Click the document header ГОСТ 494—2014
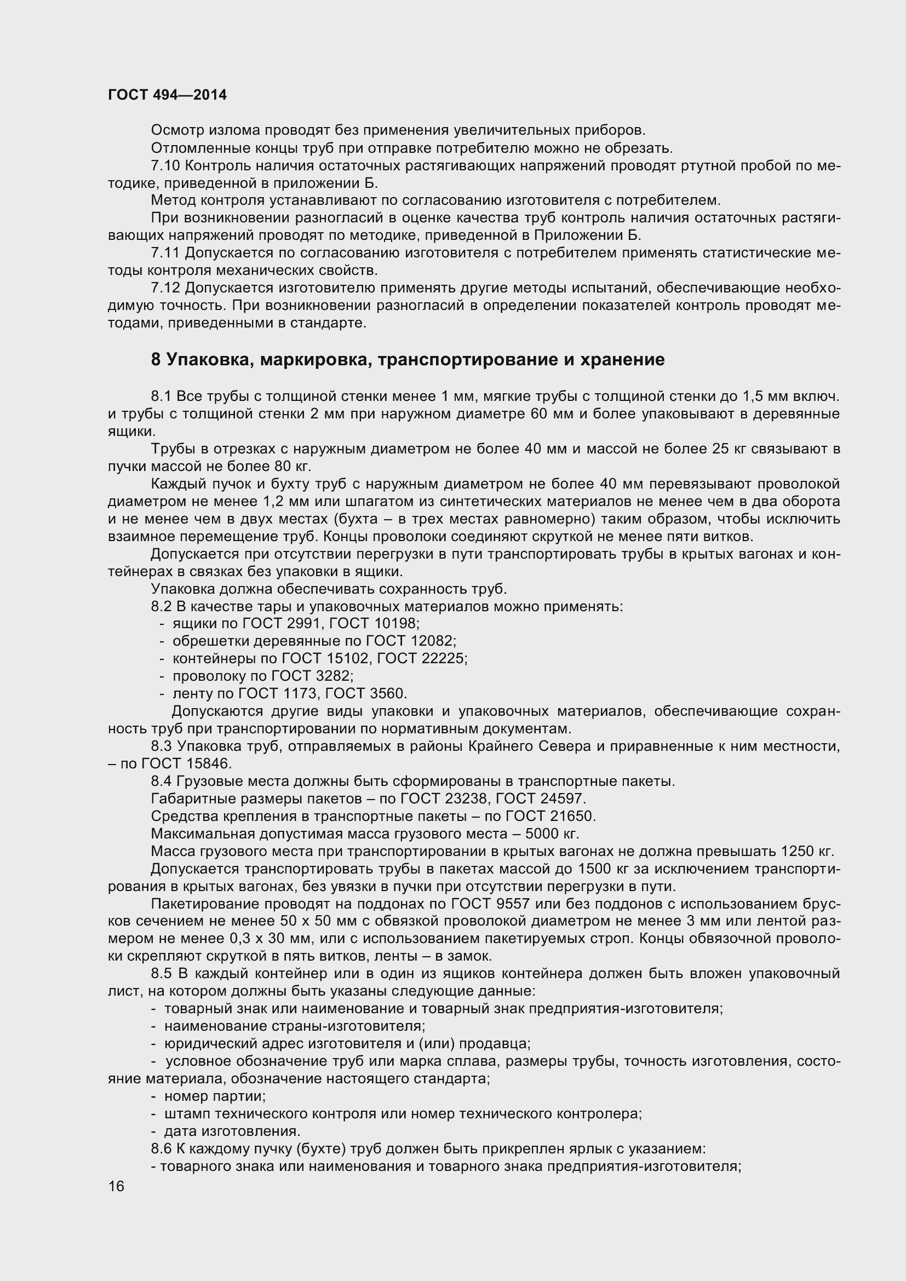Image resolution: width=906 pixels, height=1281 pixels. tap(168, 95)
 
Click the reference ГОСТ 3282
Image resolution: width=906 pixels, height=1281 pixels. tap(312, 676)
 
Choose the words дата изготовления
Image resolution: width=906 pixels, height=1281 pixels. tap(232, 1131)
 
